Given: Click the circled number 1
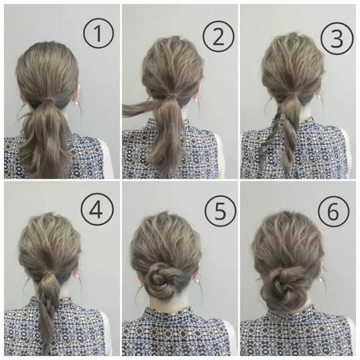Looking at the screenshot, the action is (98, 33).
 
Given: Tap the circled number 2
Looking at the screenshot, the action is (218, 36).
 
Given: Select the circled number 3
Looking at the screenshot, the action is (336, 38).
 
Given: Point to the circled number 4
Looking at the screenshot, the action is (97, 210).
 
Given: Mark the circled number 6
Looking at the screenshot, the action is (333, 211).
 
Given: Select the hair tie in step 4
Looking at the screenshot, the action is (48, 272).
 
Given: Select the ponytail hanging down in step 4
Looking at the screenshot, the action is (48, 310).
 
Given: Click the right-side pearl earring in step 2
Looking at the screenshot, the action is (196, 101).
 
